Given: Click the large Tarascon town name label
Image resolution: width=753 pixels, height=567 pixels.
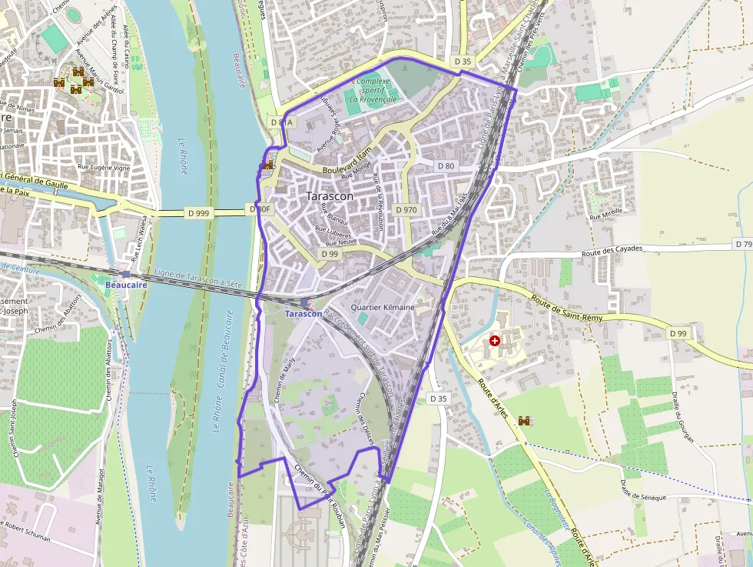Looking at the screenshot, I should coord(330,196).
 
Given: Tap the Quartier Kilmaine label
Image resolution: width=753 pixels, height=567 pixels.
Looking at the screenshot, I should coord(382,308).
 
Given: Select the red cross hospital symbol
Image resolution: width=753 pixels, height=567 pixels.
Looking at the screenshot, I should coord(495,340).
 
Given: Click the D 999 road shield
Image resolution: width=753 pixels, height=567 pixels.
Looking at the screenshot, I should coord(198,213).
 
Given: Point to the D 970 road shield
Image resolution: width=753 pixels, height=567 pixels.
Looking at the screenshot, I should coord(406,210).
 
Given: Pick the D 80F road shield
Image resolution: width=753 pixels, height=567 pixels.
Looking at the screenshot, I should coord(261,209).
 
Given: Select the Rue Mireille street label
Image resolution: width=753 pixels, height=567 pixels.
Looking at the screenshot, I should coord(605,215).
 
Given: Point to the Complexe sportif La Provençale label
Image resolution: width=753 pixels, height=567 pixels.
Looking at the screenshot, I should coord(373,90).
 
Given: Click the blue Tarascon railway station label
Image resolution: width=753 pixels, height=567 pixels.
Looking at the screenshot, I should coord(304,314).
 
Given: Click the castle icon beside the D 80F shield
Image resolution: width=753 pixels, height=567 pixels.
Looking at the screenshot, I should coord(268,164).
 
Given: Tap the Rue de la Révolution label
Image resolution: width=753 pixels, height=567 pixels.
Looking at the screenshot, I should coord(377,202).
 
